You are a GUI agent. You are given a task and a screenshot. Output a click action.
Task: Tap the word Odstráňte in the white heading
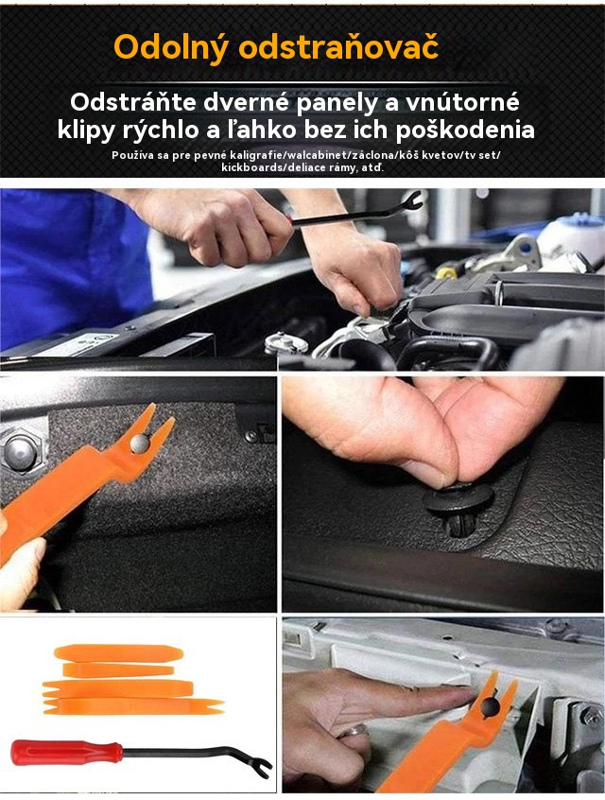[x=133, y=102]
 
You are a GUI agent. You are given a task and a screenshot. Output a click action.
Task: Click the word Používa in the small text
[x=132, y=155]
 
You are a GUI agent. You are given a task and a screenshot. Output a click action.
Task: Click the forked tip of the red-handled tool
[x=263, y=769]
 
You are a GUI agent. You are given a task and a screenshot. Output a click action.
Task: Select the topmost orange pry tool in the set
[x=118, y=653]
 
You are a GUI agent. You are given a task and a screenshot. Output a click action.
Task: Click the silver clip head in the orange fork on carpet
[x=139, y=443]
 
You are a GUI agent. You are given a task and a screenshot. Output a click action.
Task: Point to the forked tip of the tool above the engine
[x=413, y=200]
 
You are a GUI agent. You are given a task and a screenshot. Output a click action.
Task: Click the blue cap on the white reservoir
[x=580, y=220]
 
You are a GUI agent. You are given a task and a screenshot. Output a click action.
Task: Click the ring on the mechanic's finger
[x=356, y=731]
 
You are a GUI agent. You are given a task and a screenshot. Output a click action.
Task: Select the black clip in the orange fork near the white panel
[x=491, y=705]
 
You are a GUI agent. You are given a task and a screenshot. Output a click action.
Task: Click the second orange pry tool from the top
[x=118, y=670]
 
